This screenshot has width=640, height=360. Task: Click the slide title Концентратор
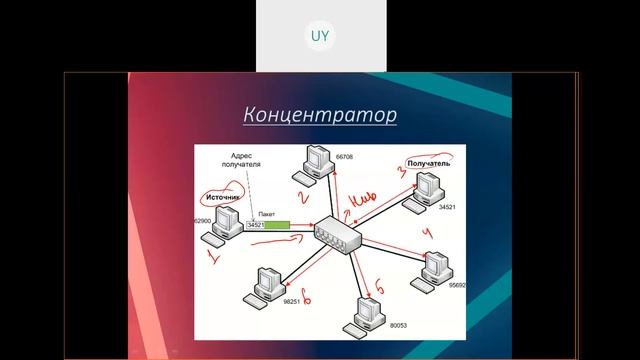coord(320,115)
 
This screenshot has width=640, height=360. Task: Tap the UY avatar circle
coord(320,36)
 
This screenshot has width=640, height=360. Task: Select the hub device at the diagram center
coord(334,236)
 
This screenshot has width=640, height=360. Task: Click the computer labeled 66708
coord(318,161)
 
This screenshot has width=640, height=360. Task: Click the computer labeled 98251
coord(266,282)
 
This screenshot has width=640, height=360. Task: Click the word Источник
coord(222,198)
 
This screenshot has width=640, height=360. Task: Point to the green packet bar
coord(279,225)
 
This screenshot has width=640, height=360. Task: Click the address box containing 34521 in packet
coord(255,225)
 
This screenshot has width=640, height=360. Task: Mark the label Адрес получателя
coord(246,162)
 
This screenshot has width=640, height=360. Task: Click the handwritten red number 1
coord(212,257)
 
